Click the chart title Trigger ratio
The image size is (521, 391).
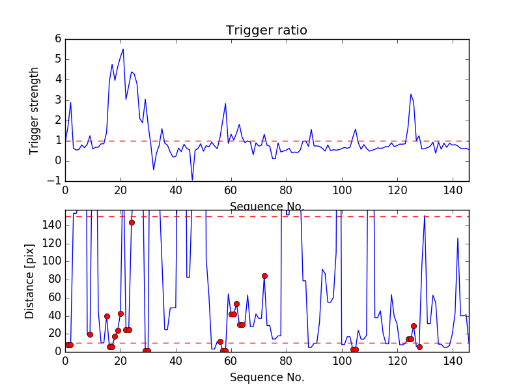point(266,31)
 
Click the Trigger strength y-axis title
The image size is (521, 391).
point(35,110)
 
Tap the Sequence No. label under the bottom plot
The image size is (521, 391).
point(267,377)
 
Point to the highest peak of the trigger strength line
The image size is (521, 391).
point(123,49)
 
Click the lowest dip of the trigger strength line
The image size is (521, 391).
point(192,180)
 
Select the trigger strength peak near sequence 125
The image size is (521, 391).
point(411,94)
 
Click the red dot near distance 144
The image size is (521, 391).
point(132,222)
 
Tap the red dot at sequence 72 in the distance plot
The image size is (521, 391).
point(264,276)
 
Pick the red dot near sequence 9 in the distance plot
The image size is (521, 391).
point(90,334)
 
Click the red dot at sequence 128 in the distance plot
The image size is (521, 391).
point(419,347)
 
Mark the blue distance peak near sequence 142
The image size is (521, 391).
point(458,238)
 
